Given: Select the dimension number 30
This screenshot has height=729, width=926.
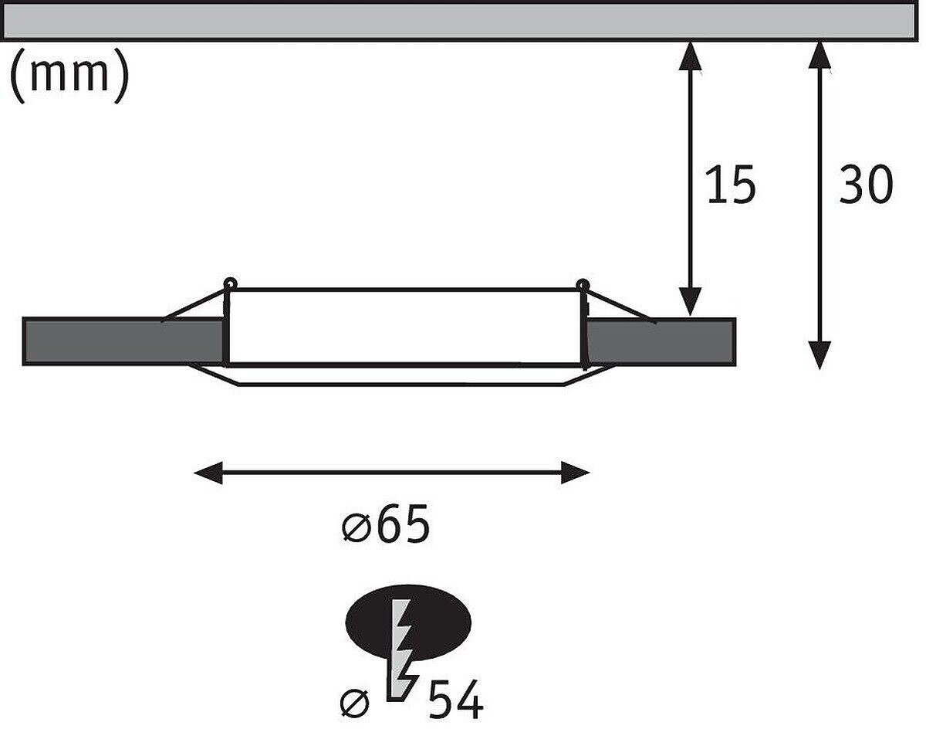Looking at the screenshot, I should [866, 185].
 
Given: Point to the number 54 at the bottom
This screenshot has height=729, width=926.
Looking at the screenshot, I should [455, 703].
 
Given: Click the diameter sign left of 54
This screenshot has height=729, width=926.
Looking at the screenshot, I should [356, 704].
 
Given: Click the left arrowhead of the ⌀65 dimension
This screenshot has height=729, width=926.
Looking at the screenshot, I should [207, 473].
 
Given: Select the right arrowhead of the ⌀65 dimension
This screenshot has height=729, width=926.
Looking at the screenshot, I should [576, 473].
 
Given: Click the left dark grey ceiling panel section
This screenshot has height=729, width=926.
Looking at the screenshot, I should [123, 341].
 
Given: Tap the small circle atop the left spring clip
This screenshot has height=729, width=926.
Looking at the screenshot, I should [229, 283].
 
